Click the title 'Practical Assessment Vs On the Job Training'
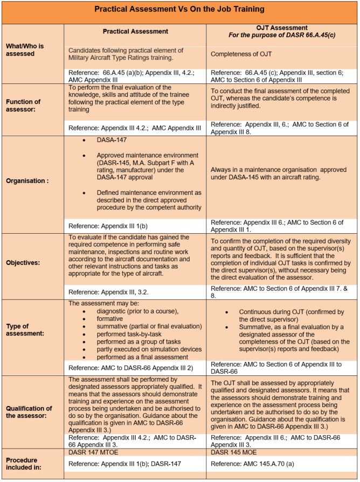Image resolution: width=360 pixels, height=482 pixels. (180, 9)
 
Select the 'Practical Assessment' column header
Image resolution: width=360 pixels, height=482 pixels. (135, 31)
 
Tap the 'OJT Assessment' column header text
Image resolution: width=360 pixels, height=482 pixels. (282, 27)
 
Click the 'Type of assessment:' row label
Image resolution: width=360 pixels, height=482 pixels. (23, 330)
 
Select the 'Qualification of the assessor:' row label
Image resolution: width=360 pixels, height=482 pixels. (29, 412)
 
